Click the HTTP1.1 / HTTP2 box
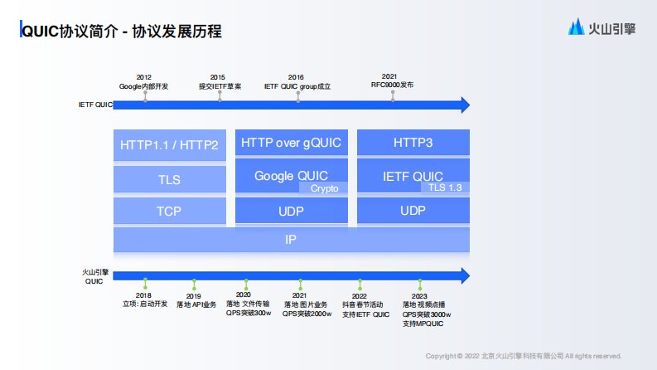click(169, 144)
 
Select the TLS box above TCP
click(169, 179)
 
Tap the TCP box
click(169, 212)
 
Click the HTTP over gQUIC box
click(292, 143)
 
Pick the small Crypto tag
click(325, 188)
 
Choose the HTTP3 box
click(413, 143)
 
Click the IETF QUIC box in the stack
click(413, 175)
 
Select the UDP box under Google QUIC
click(292, 211)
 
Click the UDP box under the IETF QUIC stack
click(413, 211)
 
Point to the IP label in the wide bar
click(291, 240)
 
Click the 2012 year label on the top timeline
click(144, 76)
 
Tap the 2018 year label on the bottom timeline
click(144, 295)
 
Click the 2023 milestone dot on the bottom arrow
click(420, 282)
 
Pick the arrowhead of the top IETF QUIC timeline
click(466, 105)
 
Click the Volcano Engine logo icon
click(576, 28)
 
